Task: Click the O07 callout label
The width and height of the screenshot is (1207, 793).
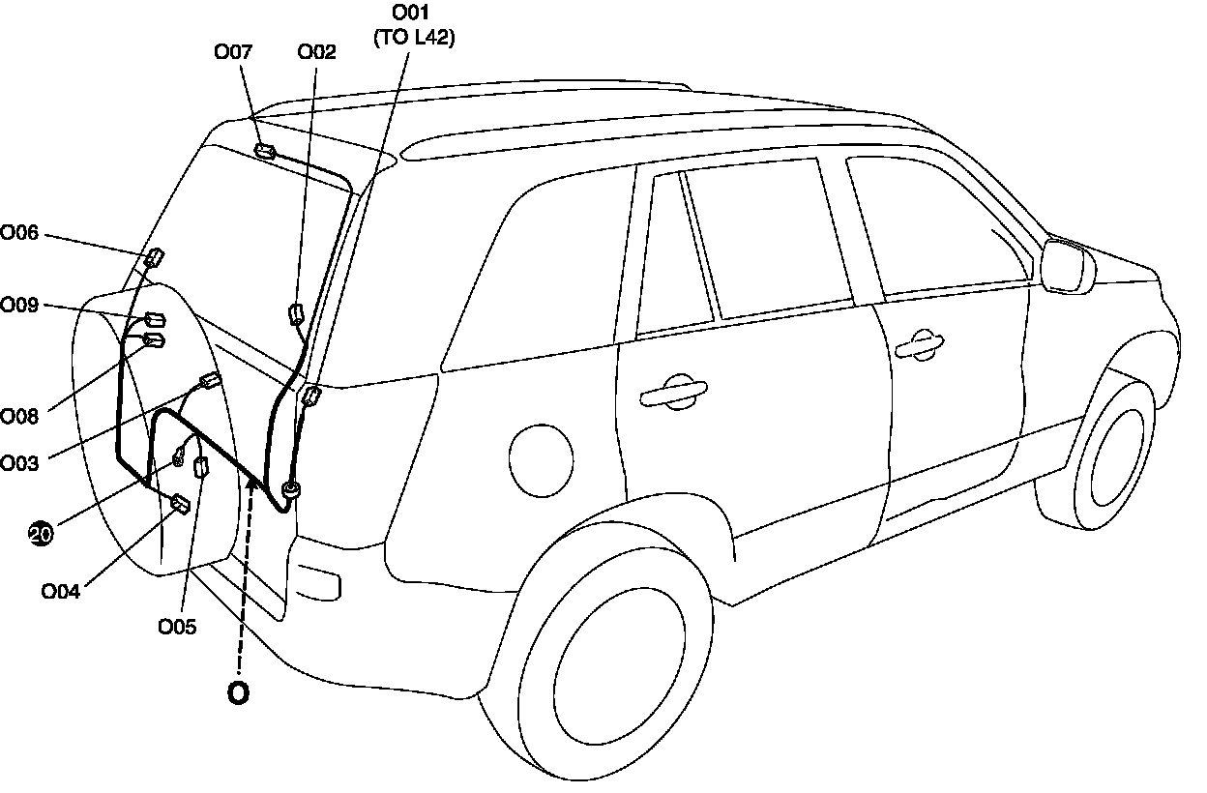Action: click(x=233, y=51)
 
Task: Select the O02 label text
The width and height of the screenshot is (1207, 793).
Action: click(x=316, y=52)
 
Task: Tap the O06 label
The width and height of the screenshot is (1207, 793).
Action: click(x=19, y=232)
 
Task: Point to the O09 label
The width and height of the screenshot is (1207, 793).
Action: click(x=19, y=306)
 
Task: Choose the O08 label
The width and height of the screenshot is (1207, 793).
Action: click(x=19, y=416)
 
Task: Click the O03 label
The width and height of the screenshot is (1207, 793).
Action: click(x=19, y=463)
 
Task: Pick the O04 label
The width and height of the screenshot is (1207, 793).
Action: click(x=60, y=591)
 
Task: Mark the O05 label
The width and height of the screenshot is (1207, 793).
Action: click(x=177, y=627)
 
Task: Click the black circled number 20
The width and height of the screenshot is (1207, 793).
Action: click(x=41, y=533)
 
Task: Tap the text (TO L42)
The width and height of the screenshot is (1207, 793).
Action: click(x=414, y=39)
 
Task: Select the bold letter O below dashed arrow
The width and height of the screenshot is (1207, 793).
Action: click(x=237, y=694)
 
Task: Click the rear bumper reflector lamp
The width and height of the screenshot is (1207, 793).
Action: click(x=317, y=583)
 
